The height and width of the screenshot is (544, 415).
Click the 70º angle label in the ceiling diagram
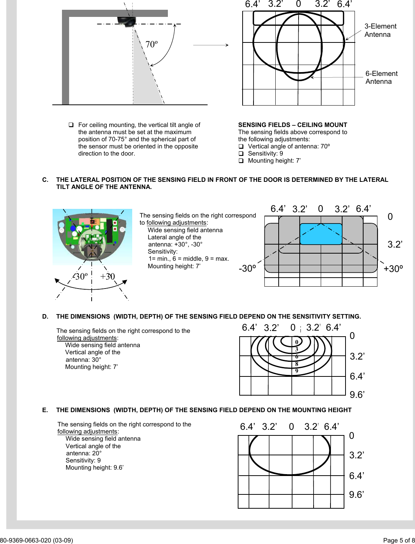151,44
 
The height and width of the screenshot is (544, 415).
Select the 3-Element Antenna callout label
380,30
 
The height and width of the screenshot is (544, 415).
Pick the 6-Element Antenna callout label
381,77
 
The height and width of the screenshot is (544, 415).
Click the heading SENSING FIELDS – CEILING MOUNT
293,125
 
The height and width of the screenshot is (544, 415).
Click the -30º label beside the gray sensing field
247,269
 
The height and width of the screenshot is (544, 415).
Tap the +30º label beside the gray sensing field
393,269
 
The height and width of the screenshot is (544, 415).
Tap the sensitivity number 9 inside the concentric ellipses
297,371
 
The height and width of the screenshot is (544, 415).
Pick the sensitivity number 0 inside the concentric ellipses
297,342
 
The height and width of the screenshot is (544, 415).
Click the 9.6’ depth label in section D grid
357,395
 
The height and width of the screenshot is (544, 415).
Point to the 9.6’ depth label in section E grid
357,495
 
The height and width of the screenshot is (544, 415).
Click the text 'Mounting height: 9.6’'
95,468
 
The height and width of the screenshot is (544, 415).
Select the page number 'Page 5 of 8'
398,541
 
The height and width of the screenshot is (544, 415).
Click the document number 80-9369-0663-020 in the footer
36,541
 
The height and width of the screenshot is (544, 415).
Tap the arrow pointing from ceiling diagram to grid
210,45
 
